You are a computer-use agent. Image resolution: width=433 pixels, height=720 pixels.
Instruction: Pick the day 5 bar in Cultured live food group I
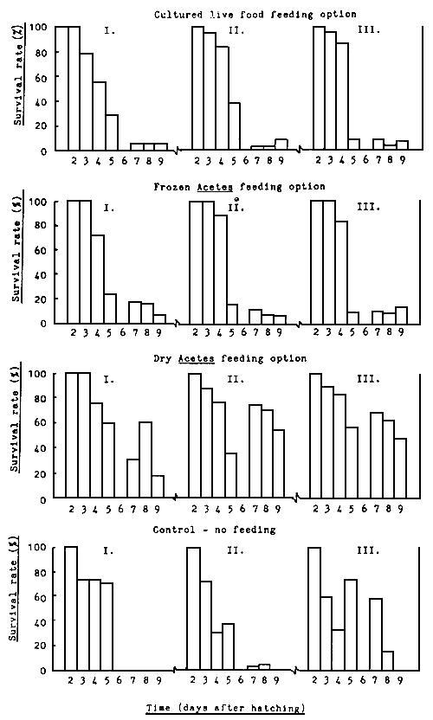112,132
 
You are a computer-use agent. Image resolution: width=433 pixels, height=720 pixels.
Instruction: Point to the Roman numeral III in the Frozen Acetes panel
364,209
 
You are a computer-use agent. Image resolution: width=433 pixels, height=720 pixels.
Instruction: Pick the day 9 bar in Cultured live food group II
281,145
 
